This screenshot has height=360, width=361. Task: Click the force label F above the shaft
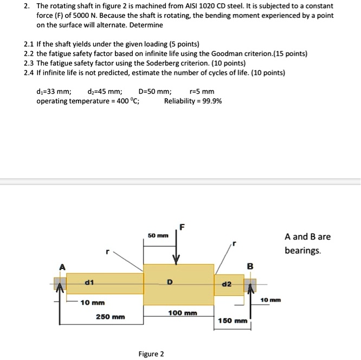[x=182, y=227]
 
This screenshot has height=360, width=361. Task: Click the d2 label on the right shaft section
[x=227, y=284]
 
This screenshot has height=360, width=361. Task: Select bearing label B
[x=250, y=266]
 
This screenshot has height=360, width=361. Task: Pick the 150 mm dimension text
[x=232, y=321]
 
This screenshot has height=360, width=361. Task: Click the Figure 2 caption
[x=151, y=354]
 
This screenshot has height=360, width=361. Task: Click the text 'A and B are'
[x=307, y=237]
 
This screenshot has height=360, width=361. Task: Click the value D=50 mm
[x=155, y=92]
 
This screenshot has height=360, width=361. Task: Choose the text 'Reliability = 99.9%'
[x=192, y=101]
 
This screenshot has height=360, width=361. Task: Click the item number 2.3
[x=30, y=62]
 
